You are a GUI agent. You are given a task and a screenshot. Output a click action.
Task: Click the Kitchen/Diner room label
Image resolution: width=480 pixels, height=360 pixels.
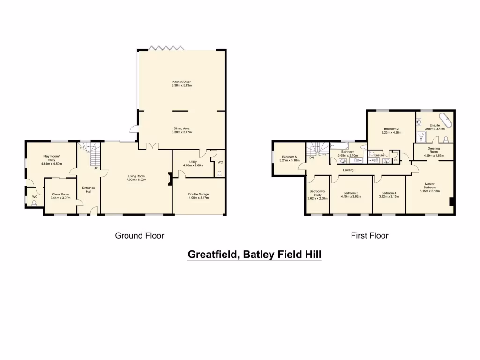point(181,82)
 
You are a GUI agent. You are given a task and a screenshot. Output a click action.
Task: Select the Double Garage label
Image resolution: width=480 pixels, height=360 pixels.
point(198,194)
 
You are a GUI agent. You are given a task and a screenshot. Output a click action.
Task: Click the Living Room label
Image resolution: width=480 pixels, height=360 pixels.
point(136,176)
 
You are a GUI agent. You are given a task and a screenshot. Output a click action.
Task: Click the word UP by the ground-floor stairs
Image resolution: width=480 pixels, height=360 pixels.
point(95,168)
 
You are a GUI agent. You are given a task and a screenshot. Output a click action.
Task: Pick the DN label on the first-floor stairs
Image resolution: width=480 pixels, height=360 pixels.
point(312,157)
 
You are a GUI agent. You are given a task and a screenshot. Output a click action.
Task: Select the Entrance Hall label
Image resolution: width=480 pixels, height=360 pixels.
point(89,189)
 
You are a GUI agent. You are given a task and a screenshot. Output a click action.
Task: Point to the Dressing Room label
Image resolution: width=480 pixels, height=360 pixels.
point(433,150)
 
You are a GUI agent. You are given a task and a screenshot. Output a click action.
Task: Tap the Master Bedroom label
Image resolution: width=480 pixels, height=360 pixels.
point(430,187)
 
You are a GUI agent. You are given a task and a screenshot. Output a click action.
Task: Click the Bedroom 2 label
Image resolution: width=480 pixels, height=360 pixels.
point(391,128)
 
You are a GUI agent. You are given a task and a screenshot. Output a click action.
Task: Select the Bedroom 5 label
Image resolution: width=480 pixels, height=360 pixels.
point(289,157)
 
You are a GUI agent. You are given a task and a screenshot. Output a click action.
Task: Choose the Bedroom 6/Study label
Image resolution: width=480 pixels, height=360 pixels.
point(317,193)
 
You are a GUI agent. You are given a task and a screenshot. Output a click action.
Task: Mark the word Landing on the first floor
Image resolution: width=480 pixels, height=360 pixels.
point(348,170)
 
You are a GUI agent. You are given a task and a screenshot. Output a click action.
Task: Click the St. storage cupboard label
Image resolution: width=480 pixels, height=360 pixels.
point(396,160)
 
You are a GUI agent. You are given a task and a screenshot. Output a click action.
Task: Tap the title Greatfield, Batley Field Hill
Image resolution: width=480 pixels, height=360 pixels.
point(255,255)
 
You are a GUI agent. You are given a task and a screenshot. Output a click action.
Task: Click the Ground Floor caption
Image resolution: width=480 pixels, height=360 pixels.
point(140,236)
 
